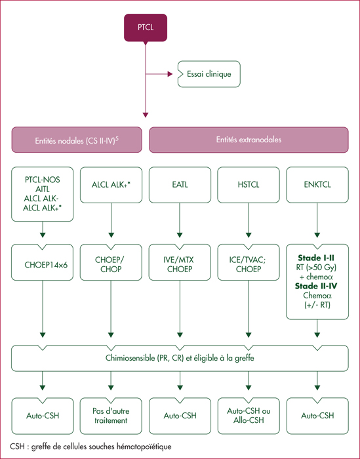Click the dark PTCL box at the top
146,28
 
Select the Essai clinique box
209,74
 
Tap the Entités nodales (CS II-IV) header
77,140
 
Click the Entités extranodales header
249,140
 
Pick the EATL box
180,185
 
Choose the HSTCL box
249,185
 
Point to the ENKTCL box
317,185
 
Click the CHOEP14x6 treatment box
43,262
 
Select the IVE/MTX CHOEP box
180,262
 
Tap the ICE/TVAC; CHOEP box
249,262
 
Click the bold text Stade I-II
316,258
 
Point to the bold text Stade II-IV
316,286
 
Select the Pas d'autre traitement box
111,416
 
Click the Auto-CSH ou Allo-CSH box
249,416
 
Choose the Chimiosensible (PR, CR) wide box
180,358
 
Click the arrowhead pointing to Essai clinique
170,74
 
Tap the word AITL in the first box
43,189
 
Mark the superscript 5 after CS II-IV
117,138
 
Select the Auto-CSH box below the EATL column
180,416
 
